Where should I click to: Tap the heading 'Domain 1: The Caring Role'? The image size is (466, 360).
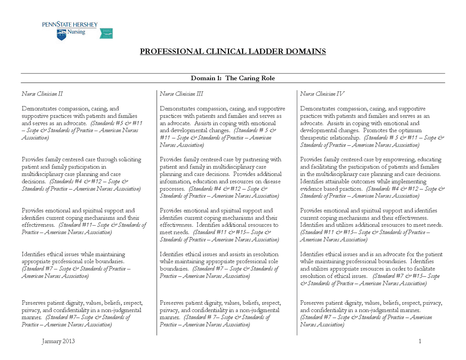pos(233,78)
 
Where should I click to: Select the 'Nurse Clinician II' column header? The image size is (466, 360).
pos(42,94)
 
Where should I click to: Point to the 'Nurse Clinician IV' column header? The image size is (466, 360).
pos(322,94)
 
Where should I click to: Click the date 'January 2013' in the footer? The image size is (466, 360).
pos(58,341)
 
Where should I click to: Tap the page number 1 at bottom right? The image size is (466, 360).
pos(420,341)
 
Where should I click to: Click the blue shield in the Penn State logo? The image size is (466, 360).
pos(62,35)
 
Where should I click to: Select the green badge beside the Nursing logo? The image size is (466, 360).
pos(106,33)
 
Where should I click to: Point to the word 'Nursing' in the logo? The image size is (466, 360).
pos(76,32)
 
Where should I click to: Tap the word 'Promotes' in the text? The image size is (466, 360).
pos(375,130)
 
